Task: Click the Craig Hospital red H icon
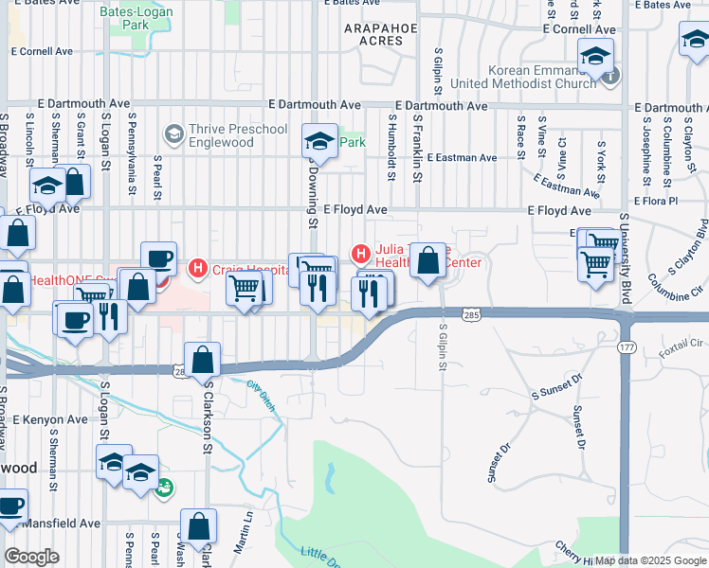point(197,269)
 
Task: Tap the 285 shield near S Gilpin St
point(469,312)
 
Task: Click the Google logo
point(31,557)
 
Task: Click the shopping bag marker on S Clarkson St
point(202,361)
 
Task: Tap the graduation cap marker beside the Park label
point(320,143)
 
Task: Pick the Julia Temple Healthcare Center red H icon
point(360,253)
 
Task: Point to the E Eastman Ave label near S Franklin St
point(462,157)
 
